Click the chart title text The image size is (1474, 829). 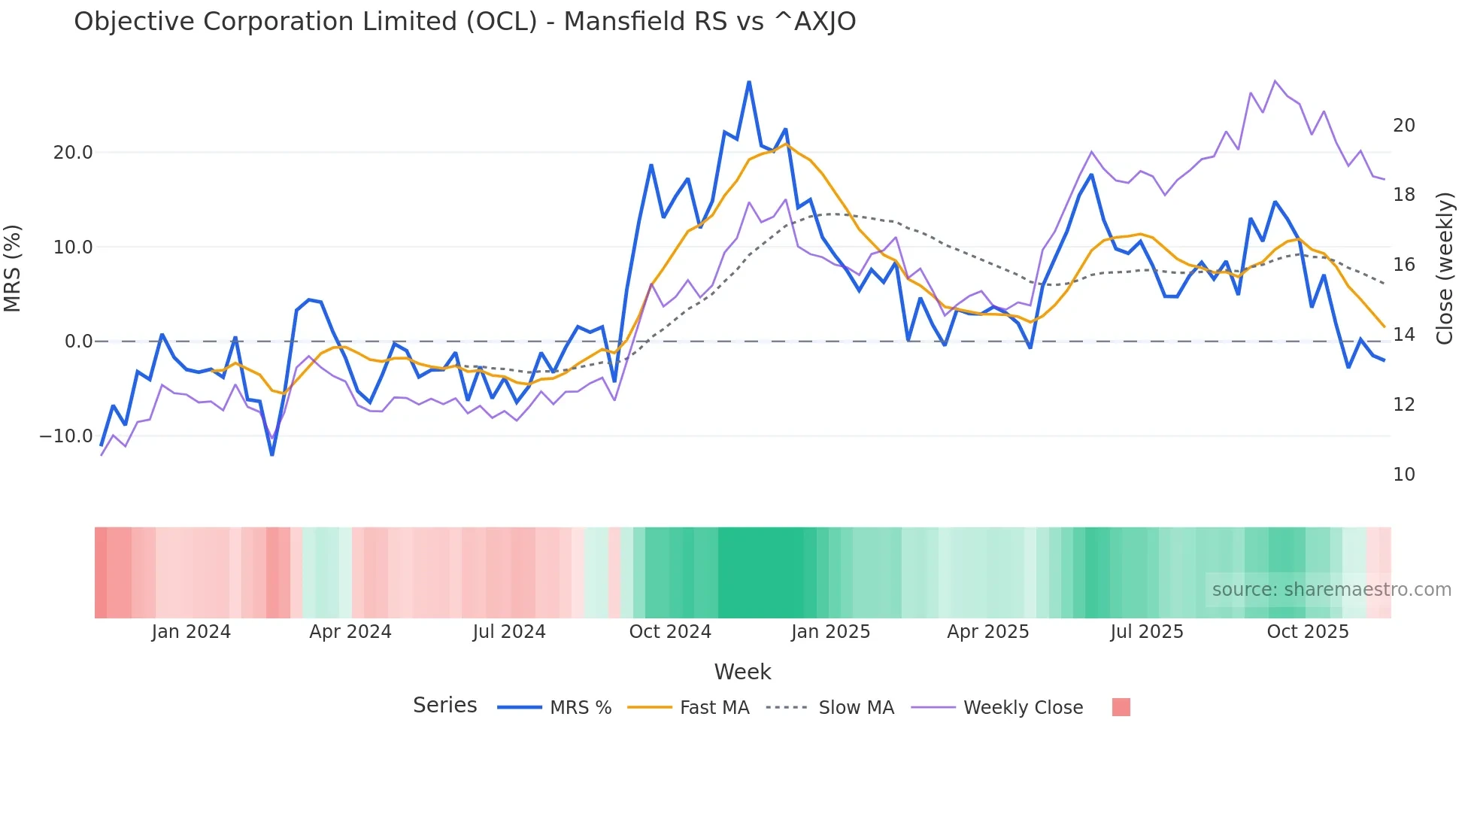[x=465, y=22]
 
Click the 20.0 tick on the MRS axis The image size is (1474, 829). [x=73, y=153]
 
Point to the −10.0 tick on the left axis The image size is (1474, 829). [x=66, y=436]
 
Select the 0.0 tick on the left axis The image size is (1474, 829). [x=78, y=342]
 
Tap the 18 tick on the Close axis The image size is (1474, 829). [x=1403, y=195]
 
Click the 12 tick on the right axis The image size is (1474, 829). [x=1403, y=405]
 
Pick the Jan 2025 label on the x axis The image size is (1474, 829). [x=830, y=632]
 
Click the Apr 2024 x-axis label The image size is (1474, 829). [x=350, y=632]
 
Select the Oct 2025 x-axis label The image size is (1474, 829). [x=1308, y=632]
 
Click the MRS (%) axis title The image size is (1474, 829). [x=13, y=268]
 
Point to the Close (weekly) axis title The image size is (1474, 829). [x=1445, y=268]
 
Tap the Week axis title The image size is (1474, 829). [x=742, y=672]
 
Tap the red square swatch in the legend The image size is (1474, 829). [x=1121, y=707]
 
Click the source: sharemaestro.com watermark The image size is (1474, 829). [x=1331, y=590]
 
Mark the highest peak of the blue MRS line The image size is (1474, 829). [x=749, y=82]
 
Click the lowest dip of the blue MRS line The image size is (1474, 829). [x=272, y=454]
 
